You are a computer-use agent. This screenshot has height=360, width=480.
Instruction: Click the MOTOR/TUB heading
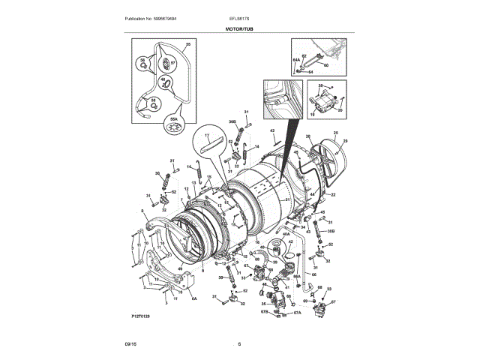pyautogui.click(x=239, y=28)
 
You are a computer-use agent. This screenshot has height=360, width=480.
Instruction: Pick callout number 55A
pyautogui.click(x=175, y=118)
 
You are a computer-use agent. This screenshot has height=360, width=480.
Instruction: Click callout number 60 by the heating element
pyautogui.click(x=326, y=65)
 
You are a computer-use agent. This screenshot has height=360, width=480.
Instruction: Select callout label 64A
pyautogui.click(x=295, y=58)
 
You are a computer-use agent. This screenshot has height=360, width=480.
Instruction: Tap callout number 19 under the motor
pyautogui.click(x=313, y=115)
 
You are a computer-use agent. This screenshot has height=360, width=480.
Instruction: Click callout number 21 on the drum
pyautogui.click(x=288, y=200)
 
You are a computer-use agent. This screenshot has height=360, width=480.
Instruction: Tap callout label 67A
pyautogui.click(x=297, y=312)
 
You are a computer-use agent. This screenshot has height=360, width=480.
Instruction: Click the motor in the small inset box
pyautogui.click(x=325, y=98)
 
